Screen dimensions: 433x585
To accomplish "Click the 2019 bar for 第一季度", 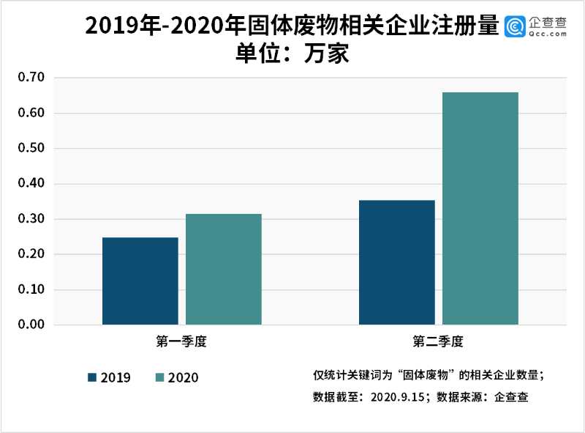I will coord(140,281).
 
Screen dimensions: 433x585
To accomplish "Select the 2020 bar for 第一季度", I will coord(223,270).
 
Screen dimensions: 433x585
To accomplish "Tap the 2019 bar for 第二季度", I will coord(397,262).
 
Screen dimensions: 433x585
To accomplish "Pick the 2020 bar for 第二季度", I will coord(480,209).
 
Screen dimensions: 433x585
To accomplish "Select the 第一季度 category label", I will coord(181,341).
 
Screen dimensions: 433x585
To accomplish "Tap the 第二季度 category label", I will coord(438,341).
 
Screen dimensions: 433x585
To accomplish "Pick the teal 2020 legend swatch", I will coord(160,377).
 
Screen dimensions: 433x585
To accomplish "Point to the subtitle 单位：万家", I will coord(292,54).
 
